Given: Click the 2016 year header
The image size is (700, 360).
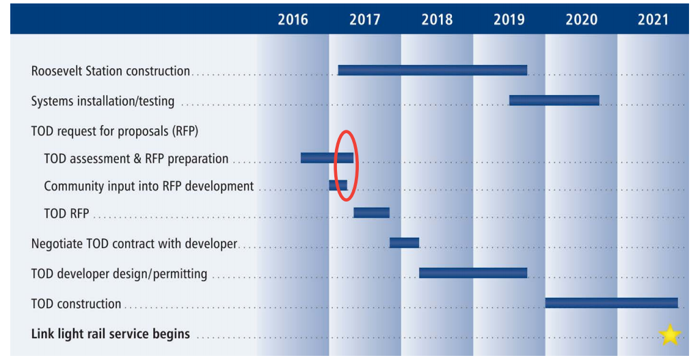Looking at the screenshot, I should (x=293, y=19).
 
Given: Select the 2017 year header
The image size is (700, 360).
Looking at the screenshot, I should (x=364, y=19).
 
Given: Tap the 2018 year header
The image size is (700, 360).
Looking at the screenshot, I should (x=437, y=19).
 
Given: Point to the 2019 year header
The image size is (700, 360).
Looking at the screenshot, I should (x=509, y=19).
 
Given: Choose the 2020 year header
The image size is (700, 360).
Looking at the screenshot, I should (x=581, y=19).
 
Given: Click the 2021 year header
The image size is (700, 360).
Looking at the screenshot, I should (x=653, y=19).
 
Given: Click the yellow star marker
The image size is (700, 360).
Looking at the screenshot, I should (x=669, y=335).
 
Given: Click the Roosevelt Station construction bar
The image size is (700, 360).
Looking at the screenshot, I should (x=432, y=70).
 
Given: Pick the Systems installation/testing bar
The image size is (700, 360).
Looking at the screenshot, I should (x=554, y=100).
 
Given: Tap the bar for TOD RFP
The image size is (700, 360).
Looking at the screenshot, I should (x=371, y=212).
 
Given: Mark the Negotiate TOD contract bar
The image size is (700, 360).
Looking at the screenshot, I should (x=404, y=243).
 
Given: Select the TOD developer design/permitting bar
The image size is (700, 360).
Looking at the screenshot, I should (x=472, y=273).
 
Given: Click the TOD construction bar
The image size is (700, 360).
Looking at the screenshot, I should (x=611, y=303).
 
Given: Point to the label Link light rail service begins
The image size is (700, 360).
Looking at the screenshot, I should (x=111, y=335).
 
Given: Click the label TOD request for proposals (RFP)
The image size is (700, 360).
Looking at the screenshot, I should (x=115, y=130).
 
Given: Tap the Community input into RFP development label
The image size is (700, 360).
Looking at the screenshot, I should (x=148, y=186).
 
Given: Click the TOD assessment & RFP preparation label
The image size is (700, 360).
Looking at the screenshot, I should (x=136, y=158).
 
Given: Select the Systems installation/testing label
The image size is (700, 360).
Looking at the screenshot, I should (x=103, y=102).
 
